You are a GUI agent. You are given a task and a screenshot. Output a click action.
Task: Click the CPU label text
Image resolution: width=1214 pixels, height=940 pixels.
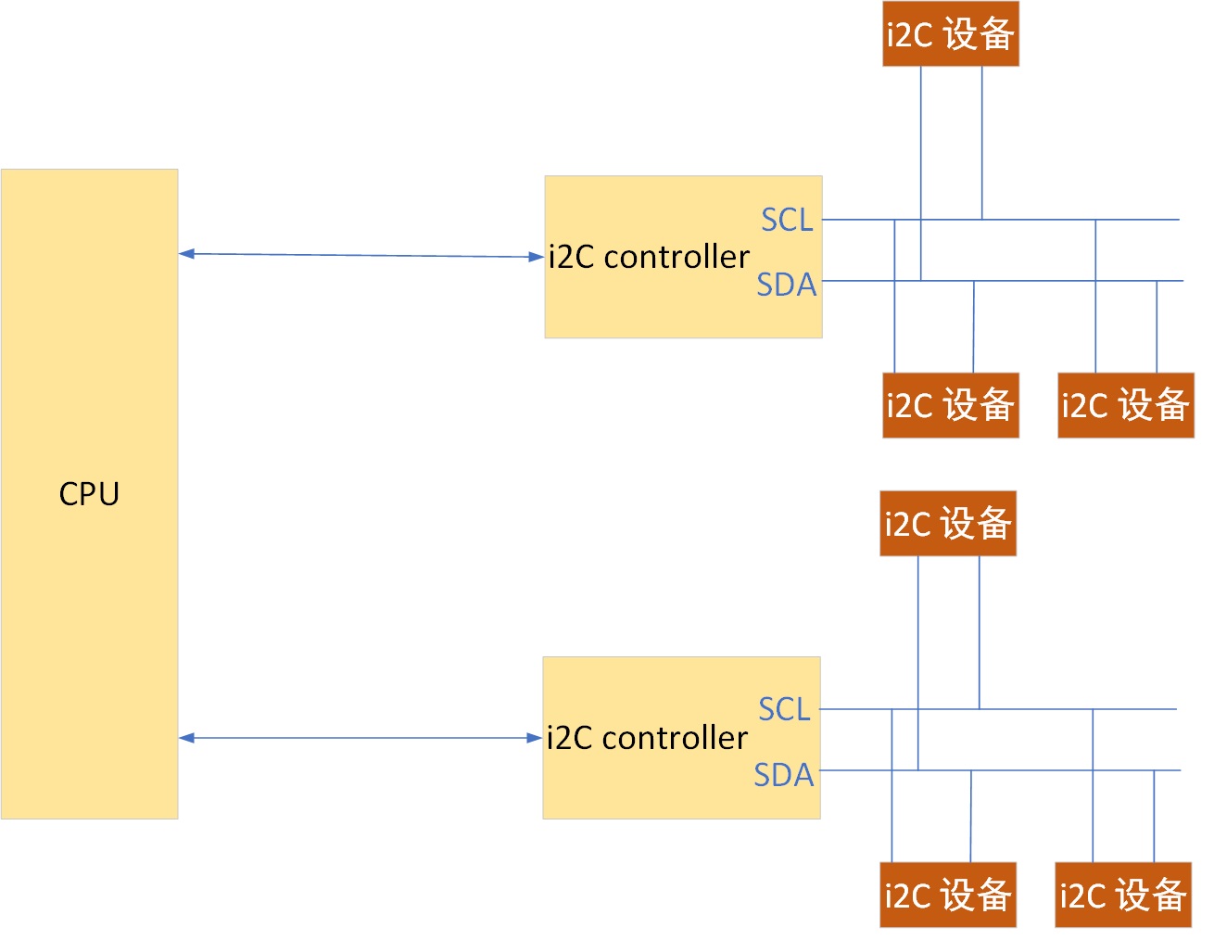[x=89, y=494]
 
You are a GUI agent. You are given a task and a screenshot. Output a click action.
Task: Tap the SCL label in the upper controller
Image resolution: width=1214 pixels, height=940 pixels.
[x=787, y=220]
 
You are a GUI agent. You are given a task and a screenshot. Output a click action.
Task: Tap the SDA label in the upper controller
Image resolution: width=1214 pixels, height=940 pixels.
[x=787, y=285]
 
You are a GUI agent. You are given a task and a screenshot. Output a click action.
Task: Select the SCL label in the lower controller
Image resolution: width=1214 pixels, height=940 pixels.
[x=784, y=709]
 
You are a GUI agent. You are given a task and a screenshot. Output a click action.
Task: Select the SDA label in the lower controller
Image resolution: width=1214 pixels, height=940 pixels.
[x=784, y=774]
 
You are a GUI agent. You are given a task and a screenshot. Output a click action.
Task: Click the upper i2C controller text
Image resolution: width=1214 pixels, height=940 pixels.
[x=649, y=257]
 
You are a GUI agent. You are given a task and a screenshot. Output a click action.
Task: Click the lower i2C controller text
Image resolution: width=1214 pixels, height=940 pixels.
[x=647, y=738]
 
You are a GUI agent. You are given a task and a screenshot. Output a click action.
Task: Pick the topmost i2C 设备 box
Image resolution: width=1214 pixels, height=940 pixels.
[x=950, y=34]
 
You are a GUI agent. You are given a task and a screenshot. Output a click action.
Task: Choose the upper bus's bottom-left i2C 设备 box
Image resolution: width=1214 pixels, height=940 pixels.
[x=950, y=405]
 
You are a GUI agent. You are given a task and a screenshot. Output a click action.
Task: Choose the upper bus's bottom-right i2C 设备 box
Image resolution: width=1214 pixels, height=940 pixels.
[x=1125, y=405]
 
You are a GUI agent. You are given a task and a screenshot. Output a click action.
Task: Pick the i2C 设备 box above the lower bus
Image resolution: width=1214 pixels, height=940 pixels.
[x=947, y=524]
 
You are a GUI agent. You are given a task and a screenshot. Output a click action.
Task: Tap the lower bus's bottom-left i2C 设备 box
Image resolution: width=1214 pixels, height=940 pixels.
[x=947, y=895]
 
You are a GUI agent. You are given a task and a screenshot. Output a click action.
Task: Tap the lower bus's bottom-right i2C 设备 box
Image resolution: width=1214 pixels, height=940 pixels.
[x=1122, y=895]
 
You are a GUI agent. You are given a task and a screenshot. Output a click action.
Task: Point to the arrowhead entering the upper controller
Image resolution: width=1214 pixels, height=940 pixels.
[x=537, y=257]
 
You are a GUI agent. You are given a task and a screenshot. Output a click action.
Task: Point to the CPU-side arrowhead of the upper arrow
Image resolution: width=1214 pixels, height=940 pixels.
[x=186, y=253]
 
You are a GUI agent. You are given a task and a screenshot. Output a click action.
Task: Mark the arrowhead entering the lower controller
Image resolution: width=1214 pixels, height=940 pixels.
[x=535, y=738]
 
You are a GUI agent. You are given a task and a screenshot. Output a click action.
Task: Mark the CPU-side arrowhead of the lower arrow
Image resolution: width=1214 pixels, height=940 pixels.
[x=186, y=738]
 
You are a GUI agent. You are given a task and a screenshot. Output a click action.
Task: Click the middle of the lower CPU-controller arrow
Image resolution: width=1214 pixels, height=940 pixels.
[x=360, y=738]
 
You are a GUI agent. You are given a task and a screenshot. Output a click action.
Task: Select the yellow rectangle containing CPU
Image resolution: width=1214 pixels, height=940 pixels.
[x=89, y=649]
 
